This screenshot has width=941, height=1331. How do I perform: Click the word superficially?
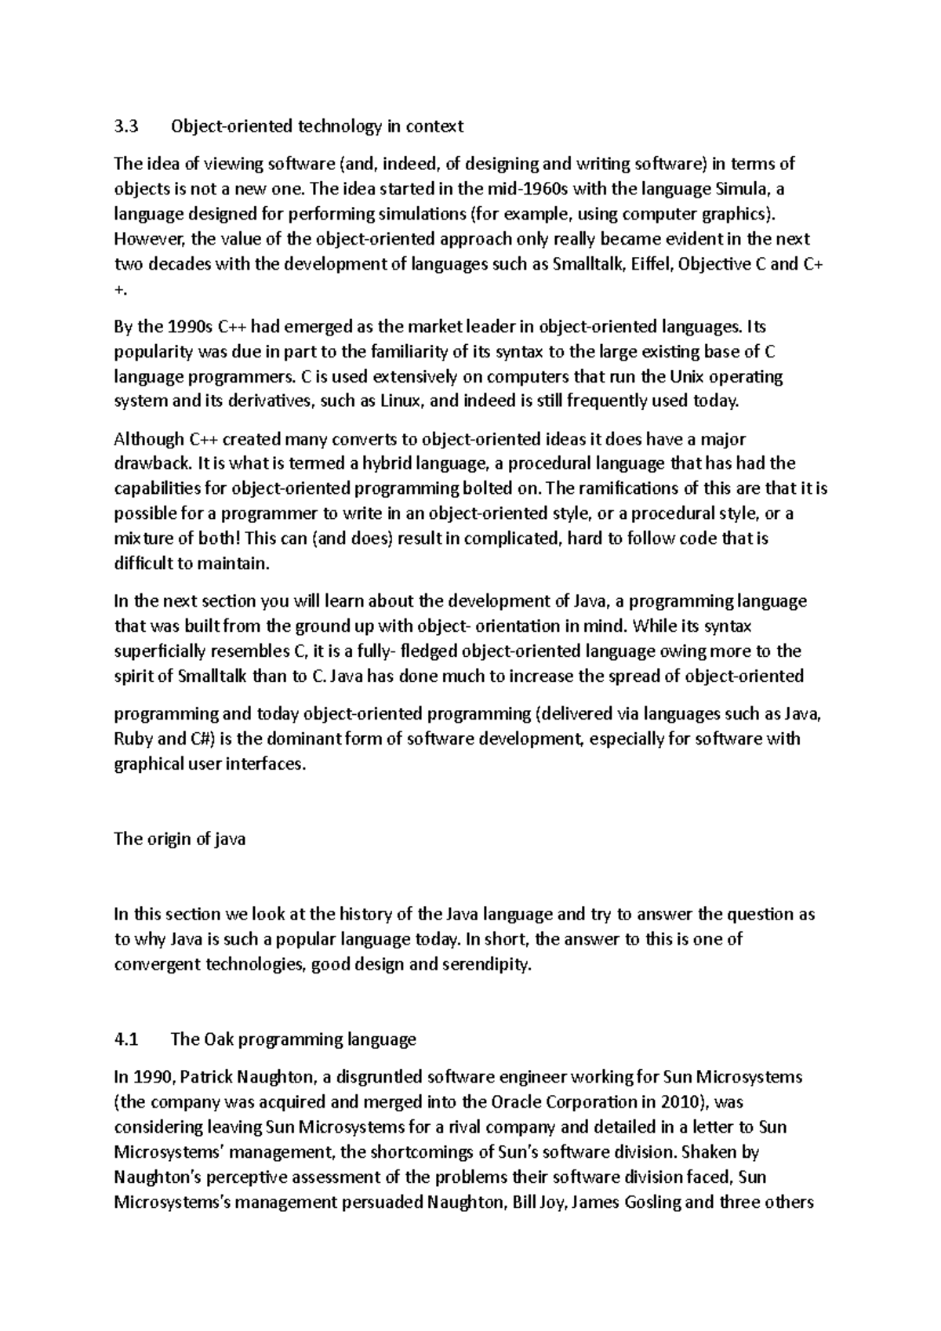click(161, 651)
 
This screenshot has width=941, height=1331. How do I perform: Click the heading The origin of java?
click(180, 839)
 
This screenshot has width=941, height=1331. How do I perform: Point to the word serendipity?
click(486, 964)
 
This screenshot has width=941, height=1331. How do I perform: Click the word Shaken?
click(710, 1152)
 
